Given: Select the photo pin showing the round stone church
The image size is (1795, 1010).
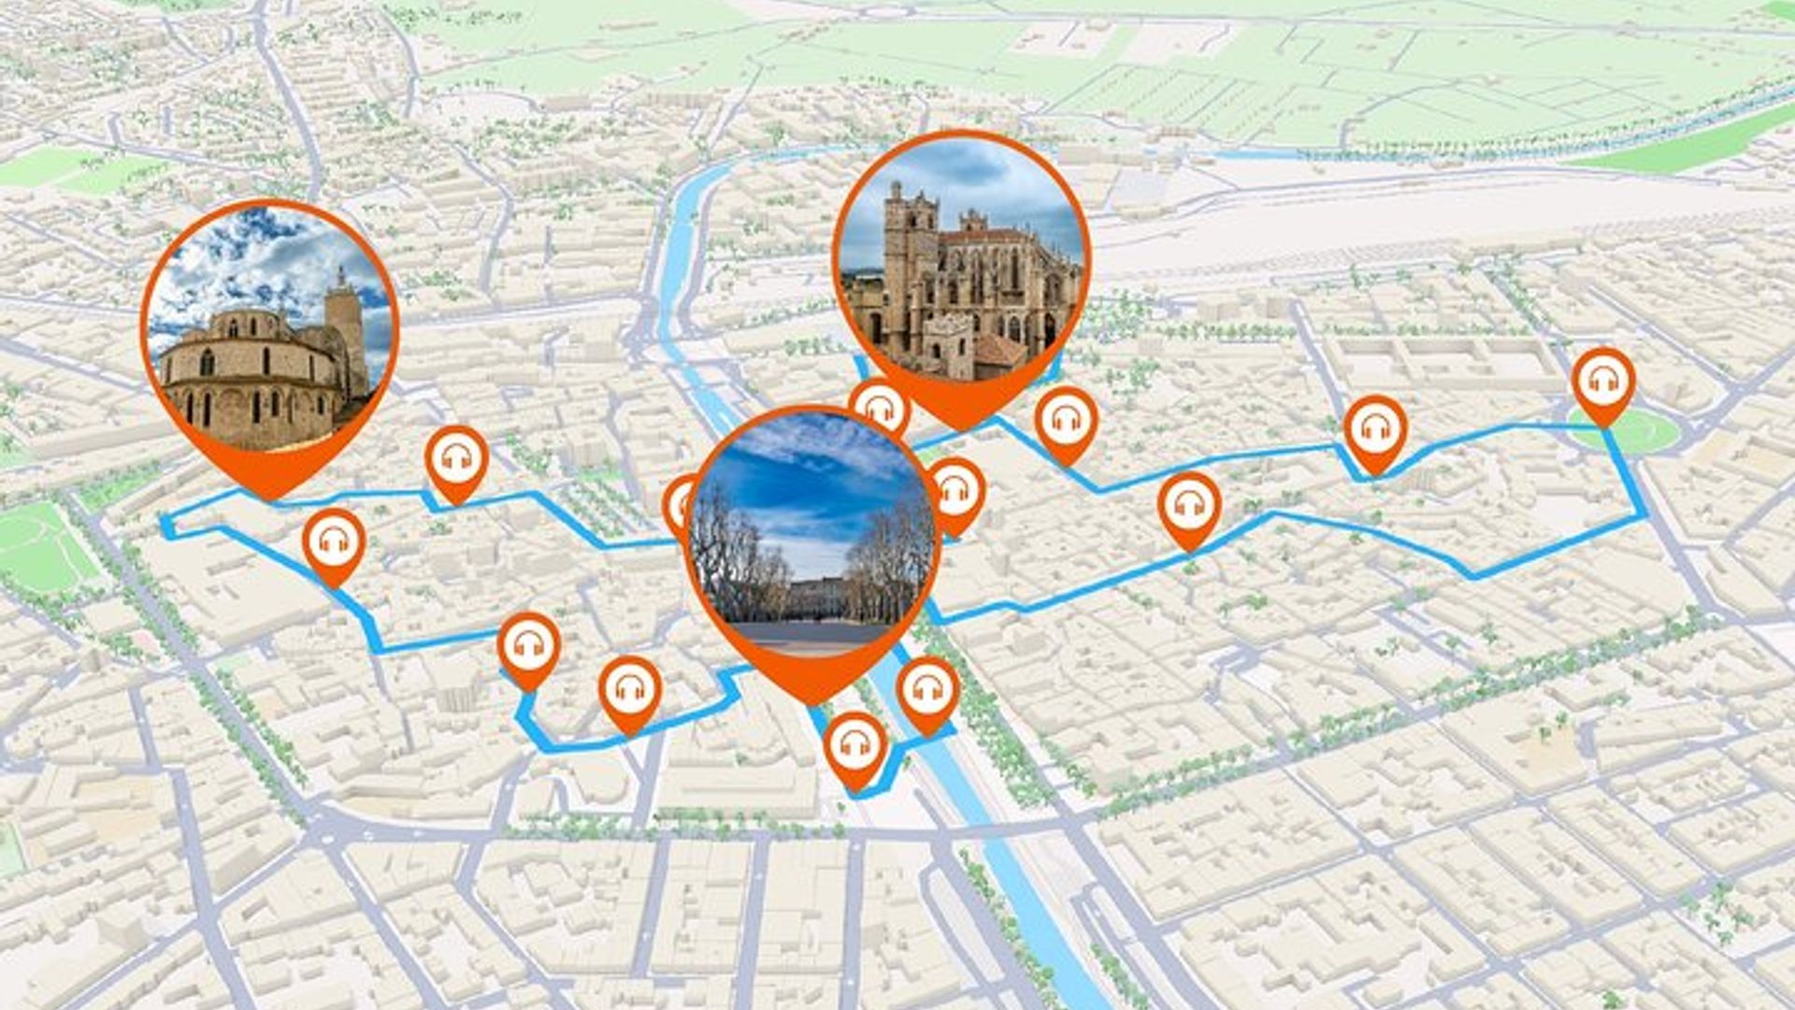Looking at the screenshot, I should pos(270,327).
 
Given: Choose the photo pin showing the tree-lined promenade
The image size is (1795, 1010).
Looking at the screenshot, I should pos(811,533).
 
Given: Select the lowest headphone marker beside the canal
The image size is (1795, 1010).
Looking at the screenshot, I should pos(854,744).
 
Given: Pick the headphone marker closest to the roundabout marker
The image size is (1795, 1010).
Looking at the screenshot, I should pos(1375,429).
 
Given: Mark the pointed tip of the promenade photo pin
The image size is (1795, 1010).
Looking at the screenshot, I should pos(811,701).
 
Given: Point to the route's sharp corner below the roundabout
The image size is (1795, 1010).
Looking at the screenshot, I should pos(1645,513).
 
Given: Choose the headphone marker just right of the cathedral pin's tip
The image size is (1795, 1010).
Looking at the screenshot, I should pos(1066,421).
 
